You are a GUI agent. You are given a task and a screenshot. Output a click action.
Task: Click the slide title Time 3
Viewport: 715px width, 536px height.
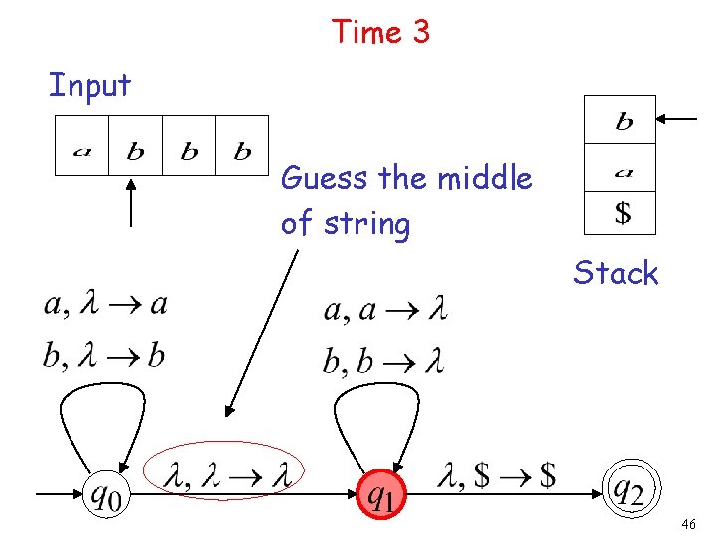coord(381,32)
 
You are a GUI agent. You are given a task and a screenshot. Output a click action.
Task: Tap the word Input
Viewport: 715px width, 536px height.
coord(89,85)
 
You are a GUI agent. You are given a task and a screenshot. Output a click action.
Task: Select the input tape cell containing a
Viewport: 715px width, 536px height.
coord(80,146)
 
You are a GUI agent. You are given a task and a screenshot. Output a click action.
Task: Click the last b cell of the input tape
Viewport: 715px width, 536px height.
coord(242,146)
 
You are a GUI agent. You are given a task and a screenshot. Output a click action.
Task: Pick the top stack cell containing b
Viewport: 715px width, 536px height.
coord(621,120)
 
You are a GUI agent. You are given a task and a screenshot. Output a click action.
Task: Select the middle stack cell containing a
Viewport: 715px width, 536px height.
coord(621,168)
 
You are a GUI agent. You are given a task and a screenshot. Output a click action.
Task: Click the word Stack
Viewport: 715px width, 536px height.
coord(616,273)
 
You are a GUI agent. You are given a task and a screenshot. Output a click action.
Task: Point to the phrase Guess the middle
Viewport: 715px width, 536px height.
coord(407,179)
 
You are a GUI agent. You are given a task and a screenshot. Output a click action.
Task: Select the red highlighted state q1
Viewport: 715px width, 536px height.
coord(381,492)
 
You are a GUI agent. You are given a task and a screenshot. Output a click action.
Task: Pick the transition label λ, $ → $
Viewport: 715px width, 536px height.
coord(496,476)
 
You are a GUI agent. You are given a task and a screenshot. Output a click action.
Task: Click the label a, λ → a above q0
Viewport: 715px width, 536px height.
coord(105,304)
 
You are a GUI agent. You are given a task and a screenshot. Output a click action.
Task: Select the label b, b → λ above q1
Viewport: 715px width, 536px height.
coord(383,359)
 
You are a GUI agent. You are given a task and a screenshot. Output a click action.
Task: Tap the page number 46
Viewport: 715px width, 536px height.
coord(691,523)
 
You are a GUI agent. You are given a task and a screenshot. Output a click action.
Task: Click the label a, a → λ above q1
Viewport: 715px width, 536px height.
coord(385,311)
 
